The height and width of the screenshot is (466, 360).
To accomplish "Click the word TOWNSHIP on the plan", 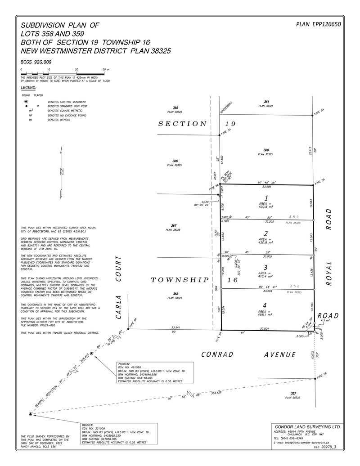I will click(x=180, y=280).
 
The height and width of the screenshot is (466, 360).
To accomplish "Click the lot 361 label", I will click(x=266, y=102).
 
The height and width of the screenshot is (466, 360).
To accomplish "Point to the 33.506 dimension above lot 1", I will click(x=265, y=186).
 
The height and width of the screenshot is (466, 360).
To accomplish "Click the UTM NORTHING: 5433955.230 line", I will click(x=102, y=435).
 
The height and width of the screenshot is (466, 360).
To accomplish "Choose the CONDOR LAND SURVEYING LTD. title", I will click(x=307, y=426).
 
